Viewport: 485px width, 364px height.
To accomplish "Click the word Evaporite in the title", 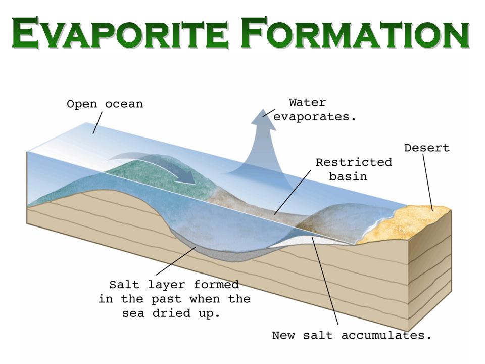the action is coord(120,33).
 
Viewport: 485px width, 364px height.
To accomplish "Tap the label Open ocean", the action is coord(105,104).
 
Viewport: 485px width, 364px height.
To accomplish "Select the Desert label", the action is coord(427,148).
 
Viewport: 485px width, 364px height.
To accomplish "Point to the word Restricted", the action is coord(354,162).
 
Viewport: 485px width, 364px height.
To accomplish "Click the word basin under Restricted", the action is coord(348,177).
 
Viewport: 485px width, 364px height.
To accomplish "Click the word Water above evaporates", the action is coord(308,102).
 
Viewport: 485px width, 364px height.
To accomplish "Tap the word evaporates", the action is coord(315,117).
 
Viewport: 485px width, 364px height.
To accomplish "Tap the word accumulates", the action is coord(386,335).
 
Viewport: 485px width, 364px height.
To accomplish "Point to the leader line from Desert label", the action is coord(427,183).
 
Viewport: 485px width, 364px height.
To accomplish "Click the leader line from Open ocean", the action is coord(98,123).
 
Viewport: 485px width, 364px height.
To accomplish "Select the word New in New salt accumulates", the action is coord(283,335).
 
